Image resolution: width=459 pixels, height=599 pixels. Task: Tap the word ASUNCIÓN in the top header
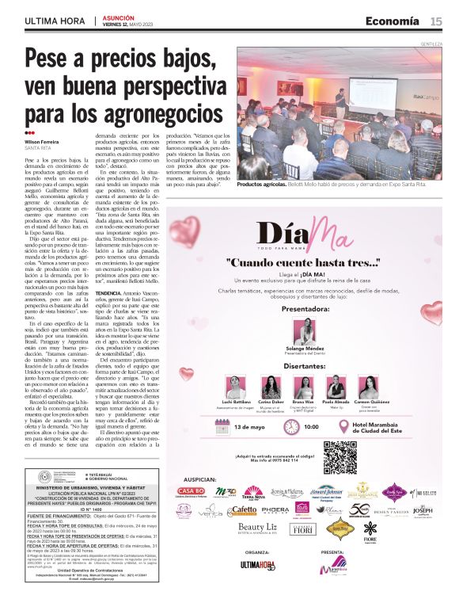click(119, 17)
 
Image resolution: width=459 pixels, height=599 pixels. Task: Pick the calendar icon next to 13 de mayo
click(223, 427)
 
